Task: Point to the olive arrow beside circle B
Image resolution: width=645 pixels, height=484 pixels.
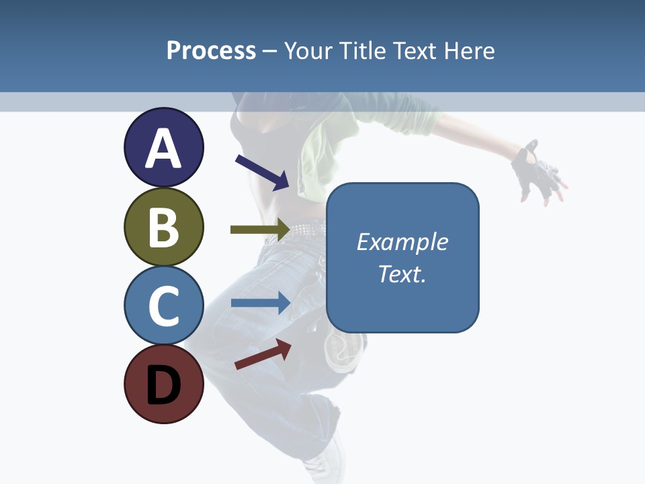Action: (259, 230)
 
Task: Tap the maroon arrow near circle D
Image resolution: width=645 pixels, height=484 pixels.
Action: (263, 354)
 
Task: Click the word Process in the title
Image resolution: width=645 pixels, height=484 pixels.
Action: (211, 50)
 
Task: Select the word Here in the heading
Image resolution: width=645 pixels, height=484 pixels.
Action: (470, 50)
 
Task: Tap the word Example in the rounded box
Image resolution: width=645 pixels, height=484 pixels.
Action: (402, 241)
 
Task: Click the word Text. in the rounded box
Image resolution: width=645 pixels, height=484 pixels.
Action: (402, 274)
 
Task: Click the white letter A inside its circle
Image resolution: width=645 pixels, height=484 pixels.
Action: (163, 148)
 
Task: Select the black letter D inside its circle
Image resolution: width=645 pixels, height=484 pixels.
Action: (163, 385)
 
